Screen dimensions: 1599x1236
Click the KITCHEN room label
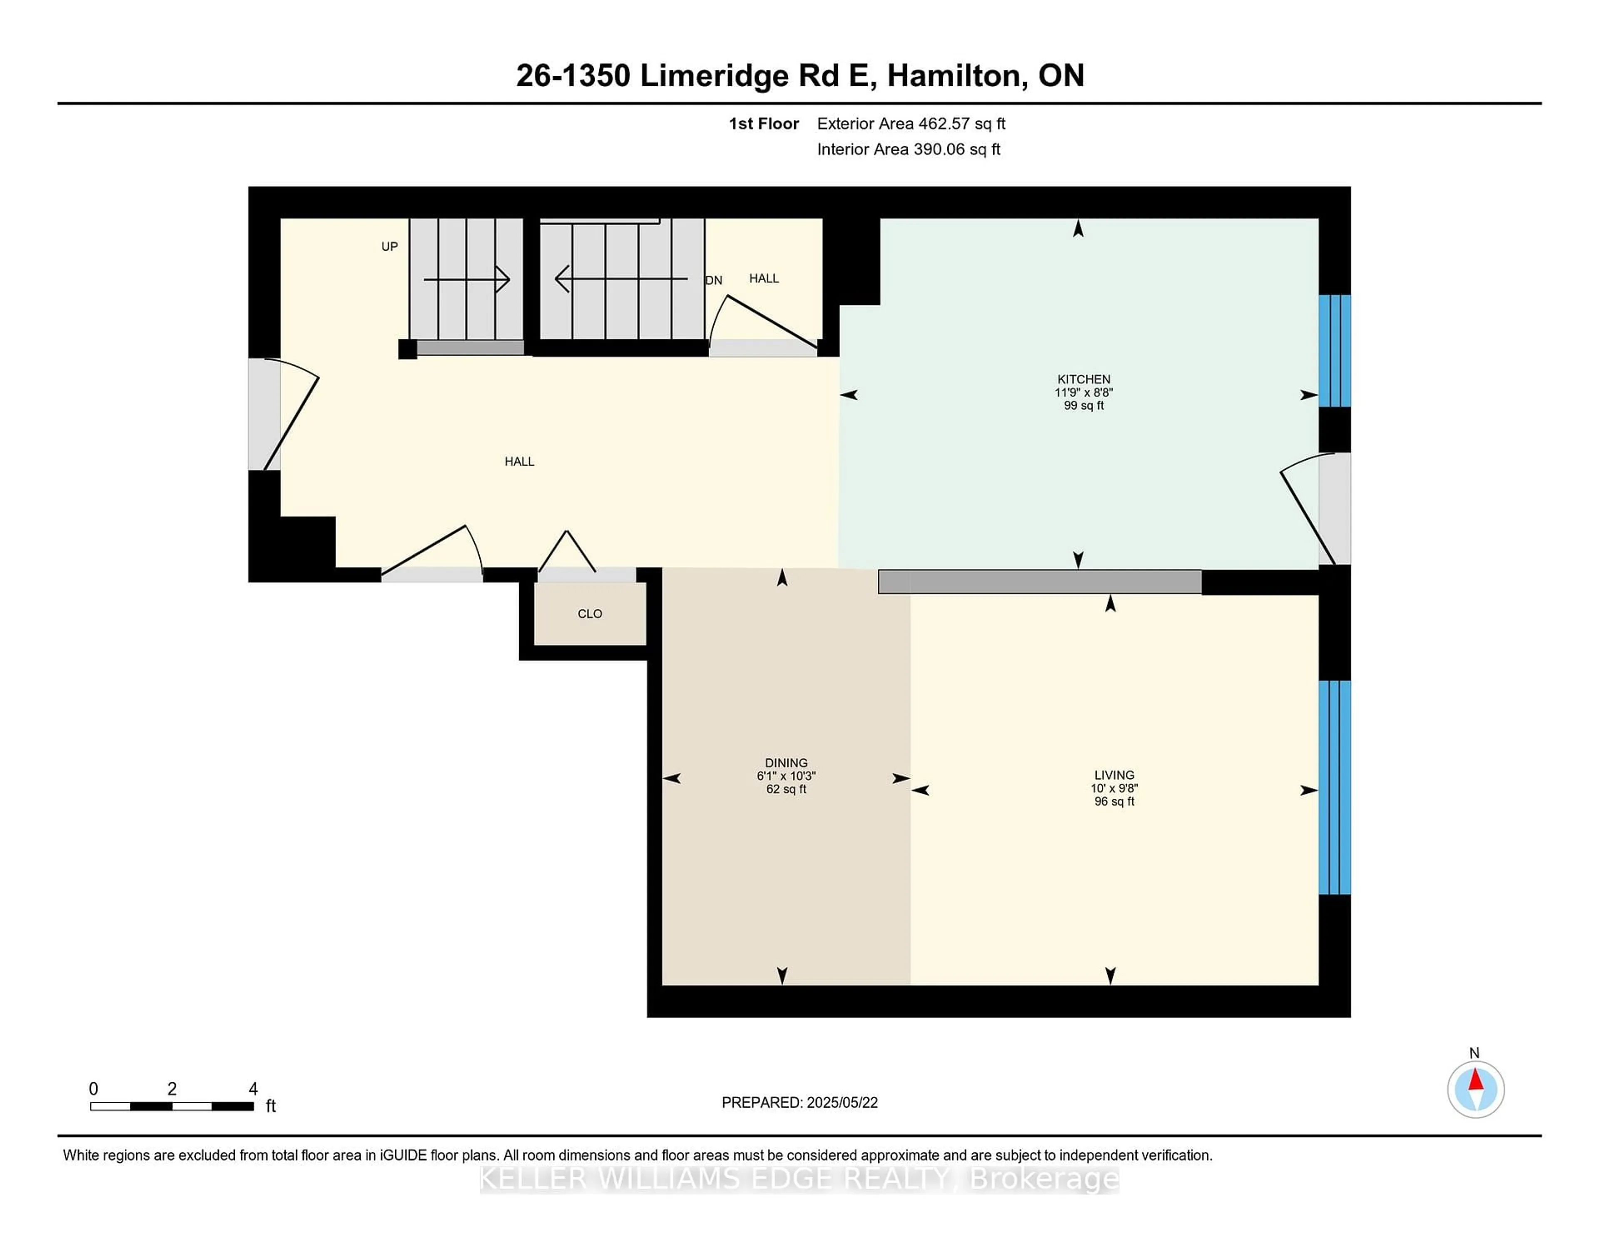pos(1083,379)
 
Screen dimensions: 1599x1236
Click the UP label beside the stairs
pos(389,247)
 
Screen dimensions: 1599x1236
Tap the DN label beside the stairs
pos(714,280)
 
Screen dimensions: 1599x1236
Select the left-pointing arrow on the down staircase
pos(621,279)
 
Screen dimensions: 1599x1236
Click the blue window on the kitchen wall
pos(1335,351)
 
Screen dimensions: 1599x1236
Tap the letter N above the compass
pos(1474,1053)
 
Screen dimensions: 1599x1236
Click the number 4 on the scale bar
pos(253,1089)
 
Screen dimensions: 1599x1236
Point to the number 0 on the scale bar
pos(94,1089)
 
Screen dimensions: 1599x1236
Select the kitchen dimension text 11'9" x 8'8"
pos(1083,392)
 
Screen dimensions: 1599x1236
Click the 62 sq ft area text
pos(786,789)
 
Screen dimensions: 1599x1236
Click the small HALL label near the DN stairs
pos(764,278)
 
